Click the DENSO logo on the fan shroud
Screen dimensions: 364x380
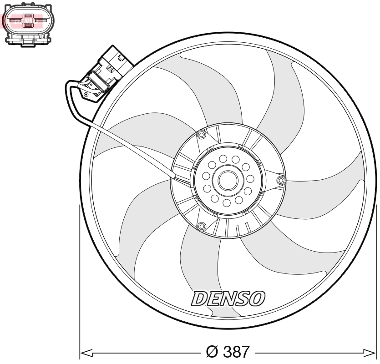coord(228,298)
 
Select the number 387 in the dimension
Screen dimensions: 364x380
coord(234,352)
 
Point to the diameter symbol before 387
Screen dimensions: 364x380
coord(212,352)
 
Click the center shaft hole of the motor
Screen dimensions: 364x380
coord(228,180)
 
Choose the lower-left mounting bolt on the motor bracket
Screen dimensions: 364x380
coord(200,225)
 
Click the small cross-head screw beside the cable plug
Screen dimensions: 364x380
coord(86,95)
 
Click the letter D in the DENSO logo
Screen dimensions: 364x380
coord(198,298)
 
